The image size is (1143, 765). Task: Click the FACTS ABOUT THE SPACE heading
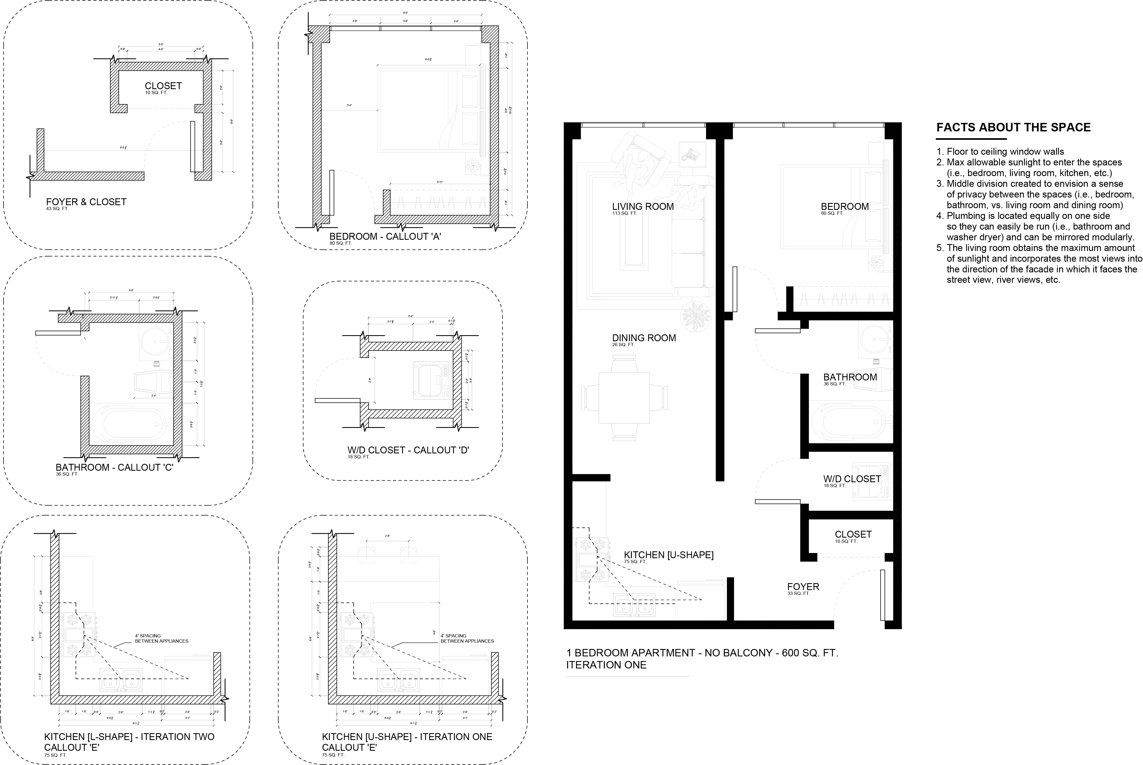(x=1013, y=128)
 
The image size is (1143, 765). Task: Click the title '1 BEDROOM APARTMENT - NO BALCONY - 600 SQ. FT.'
(x=701, y=653)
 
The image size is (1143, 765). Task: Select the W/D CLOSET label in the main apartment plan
(x=852, y=479)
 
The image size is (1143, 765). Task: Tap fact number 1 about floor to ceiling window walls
(x=1005, y=152)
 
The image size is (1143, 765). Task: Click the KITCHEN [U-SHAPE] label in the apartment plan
(x=668, y=555)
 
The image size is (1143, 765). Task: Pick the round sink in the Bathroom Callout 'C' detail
(x=155, y=341)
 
